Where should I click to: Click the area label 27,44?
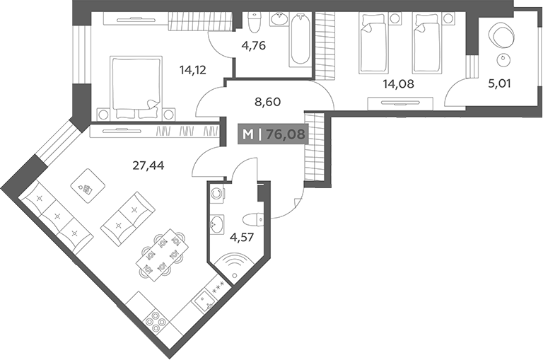coord(148,166)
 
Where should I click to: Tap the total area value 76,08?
coord(286,134)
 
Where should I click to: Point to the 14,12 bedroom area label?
coord(193,70)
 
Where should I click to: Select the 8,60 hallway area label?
coord(267,103)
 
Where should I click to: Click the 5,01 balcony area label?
coord(499,83)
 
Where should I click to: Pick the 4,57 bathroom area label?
coord(242,238)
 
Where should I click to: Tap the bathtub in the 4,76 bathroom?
coord(300,40)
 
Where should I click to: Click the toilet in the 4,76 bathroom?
coord(255,22)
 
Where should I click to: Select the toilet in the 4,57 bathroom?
coord(253,219)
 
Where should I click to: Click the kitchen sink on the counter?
coord(204,301)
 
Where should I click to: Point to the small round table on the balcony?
coord(503,60)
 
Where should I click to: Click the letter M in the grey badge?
coord(248,134)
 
